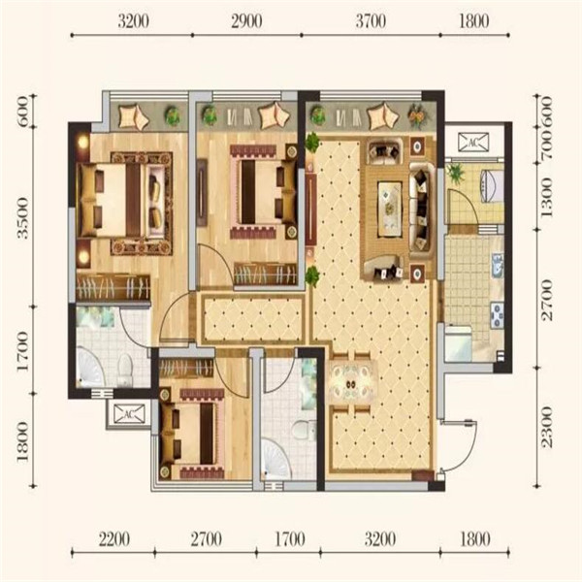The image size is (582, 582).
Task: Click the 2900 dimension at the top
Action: (246, 21)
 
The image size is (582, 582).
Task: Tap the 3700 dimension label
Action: (371, 21)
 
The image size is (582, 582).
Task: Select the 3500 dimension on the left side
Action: (22, 218)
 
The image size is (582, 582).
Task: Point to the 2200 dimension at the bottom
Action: (114, 539)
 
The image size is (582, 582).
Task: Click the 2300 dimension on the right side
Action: (547, 427)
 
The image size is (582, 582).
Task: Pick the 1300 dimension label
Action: (547, 197)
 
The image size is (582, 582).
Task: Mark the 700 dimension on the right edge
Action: (547, 144)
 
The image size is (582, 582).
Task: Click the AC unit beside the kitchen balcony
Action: (473, 142)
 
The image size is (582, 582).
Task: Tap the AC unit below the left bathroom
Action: (129, 414)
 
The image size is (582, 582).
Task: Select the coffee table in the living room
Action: (390, 209)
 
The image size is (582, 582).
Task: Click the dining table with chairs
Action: (351, 383)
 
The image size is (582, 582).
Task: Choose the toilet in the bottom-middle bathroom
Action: (303, 429)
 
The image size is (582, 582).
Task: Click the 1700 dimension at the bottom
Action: (290, 539)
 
